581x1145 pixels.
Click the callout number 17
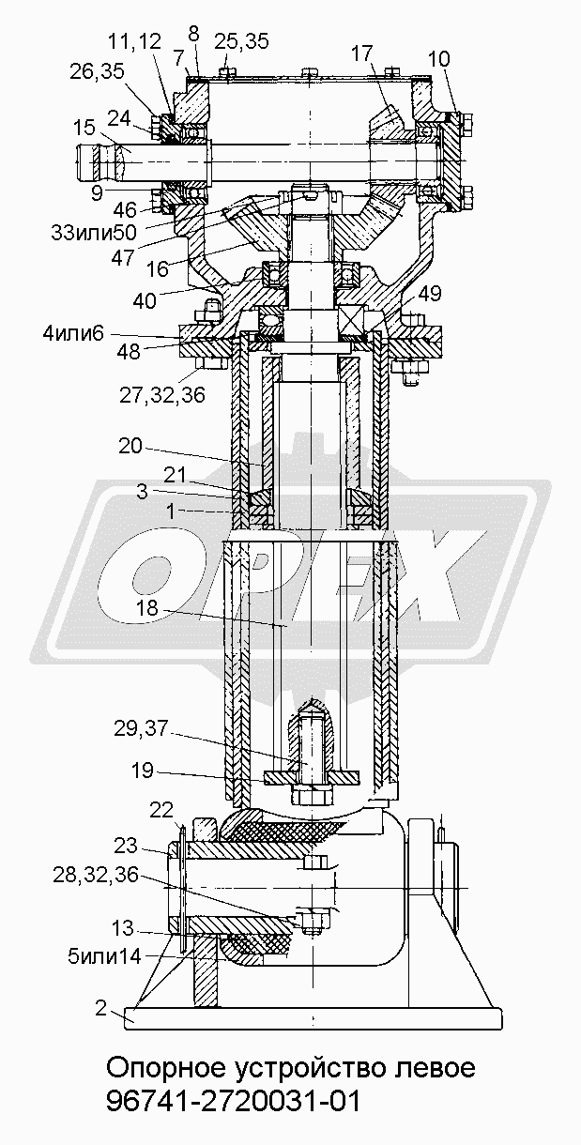click(363, 53)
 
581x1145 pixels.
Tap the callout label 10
click(438, 59)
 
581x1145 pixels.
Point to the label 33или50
click(94, 233)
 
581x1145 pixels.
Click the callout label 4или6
click(73, 334)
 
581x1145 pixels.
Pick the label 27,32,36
click(162, 394)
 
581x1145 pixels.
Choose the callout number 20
click(130, 446)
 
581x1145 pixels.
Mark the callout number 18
click(147, 609)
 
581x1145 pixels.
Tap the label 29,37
click(141, 728)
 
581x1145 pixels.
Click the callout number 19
click(143, 771)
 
